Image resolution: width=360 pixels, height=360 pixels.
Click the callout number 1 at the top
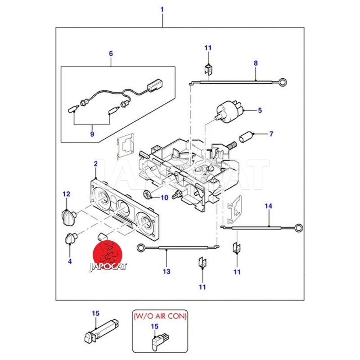click(162, 9)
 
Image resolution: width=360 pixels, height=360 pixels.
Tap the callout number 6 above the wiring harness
click(111, 54)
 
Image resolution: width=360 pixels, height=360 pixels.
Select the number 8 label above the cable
click(256, 63)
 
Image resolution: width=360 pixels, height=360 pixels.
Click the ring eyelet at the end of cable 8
click(283, 82)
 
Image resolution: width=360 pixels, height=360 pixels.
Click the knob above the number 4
click(71, 238)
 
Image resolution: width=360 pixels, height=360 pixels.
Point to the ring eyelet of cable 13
click(140, 247)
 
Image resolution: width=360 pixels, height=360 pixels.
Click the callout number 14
click(268, 206)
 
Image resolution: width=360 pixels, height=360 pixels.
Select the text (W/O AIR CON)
click(160, 316)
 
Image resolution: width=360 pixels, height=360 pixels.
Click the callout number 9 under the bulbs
click(92, 134)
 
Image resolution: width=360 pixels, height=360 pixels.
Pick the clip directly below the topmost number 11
click(208, 68)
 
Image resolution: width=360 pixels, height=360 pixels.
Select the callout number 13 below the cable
click(166, 271)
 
